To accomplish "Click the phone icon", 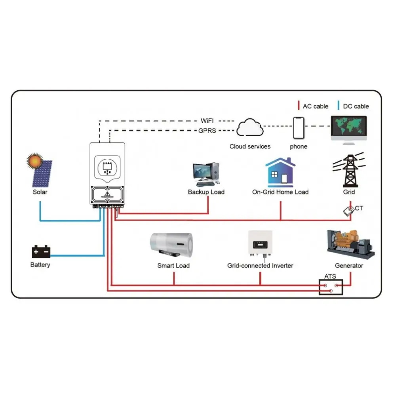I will pos(299,128).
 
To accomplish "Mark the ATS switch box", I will pos(331,287).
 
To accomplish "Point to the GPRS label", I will pos(207,130).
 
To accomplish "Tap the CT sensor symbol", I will pos(348,211).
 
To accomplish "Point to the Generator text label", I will pos(349,265).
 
